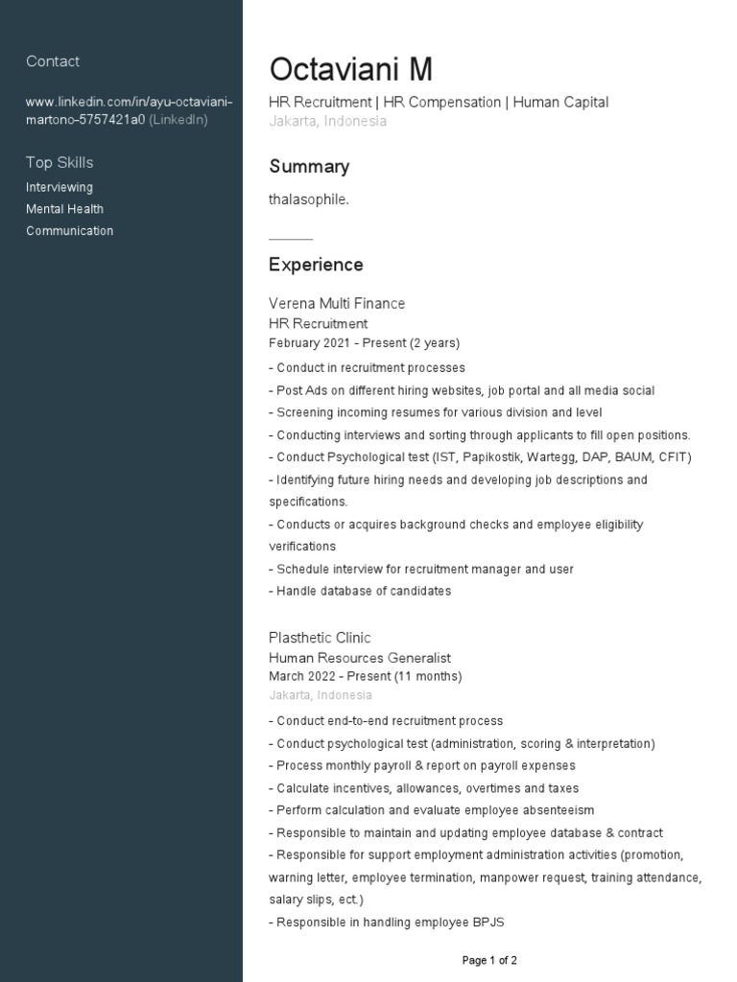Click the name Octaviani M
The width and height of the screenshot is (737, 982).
[x=350, y=70]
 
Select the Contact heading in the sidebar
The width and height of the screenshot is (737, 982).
[x=53, y=61]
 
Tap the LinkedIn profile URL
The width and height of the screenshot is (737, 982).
[x=130, y=111]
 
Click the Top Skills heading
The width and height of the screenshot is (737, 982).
[x=59, y=162]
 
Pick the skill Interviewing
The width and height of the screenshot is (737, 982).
[x=59, y=187]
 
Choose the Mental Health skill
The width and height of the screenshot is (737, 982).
[x=64, y=209]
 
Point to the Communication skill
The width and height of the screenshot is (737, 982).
[x=69, y=231]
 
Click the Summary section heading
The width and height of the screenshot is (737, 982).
[x=309, y=167]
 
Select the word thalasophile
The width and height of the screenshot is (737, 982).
[x=309, y=199]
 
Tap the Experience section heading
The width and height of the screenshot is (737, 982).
[x=316, y=265]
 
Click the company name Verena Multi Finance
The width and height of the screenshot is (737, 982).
[x=337, y=304]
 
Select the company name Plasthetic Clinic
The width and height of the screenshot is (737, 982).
[x=320, y=638]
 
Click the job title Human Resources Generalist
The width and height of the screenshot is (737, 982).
[x=360, y=658]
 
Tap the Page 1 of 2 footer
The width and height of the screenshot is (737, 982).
[x=489, y=960]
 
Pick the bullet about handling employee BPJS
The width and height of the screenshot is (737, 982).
[x=390, y=923]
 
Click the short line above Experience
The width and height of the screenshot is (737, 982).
[x=291, y=238]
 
